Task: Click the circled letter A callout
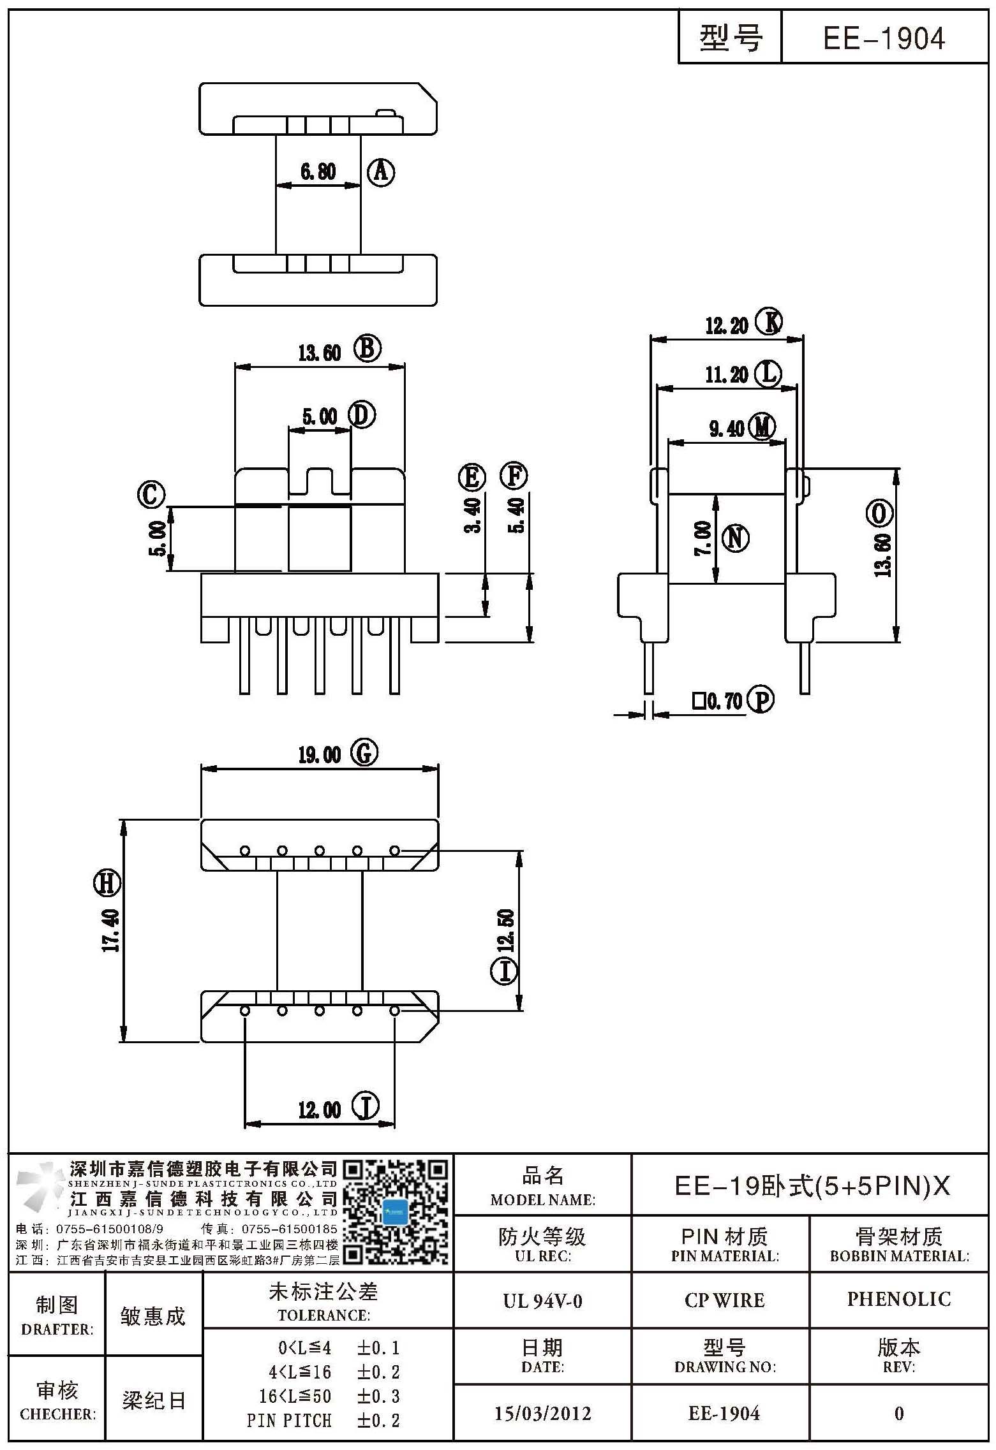(381, 172)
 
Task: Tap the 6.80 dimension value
(318, 172)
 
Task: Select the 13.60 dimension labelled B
(319, 353)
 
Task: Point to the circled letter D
(362, 416)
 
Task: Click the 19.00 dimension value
(319, 755)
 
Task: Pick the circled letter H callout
(107, 883)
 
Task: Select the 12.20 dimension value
(727, 326)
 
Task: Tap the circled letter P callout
(761, 699)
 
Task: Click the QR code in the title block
(396, 1212)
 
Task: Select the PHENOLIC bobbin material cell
(899, 1299)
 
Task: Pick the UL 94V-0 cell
(542, 1300)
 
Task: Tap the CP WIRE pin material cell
(724, 1300)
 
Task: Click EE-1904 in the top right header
(884, 39)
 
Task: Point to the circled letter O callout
(879, 512)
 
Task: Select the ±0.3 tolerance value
(378, 1396)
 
